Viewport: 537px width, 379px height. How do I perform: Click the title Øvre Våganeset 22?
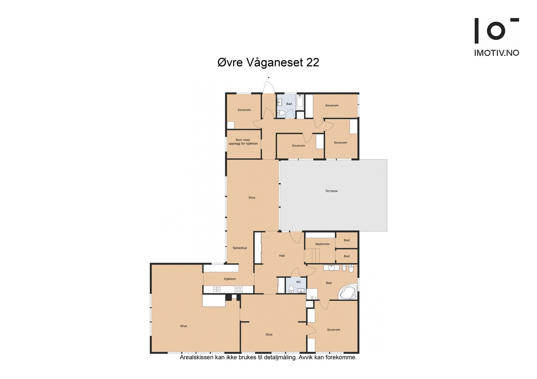268,62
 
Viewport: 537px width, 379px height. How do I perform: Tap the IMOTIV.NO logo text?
496,53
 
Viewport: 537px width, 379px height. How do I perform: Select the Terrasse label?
331,191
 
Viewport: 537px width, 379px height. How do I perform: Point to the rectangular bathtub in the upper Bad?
300,101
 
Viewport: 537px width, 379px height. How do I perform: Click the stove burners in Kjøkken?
238,289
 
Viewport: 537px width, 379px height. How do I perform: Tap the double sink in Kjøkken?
216,289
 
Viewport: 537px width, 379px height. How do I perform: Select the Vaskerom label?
322,244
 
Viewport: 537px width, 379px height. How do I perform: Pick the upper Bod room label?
347,240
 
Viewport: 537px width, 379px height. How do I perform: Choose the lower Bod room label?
347,256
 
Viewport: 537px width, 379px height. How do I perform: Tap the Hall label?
282,256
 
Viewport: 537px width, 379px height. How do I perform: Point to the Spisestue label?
240,248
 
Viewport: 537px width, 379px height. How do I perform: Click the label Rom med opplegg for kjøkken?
243,142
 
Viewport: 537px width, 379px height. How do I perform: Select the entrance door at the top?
269,88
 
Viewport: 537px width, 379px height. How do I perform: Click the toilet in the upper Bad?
282,113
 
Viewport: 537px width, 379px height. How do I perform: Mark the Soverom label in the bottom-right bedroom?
334,330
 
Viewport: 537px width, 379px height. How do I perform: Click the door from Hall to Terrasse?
296,237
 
